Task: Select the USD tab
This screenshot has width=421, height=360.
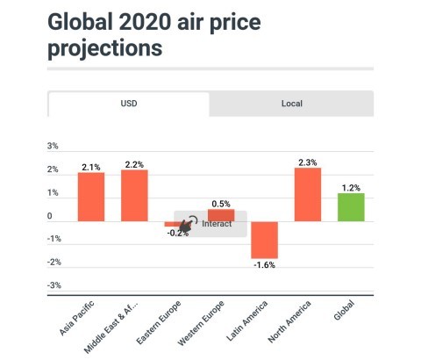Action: [129, 104]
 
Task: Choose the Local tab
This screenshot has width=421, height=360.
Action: [291, 104]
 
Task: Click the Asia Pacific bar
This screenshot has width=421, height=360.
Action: [90, 197]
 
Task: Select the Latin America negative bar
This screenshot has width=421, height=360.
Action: [264, 239]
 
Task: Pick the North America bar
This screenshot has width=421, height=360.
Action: [307, 194]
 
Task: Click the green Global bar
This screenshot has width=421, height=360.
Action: [351, 207]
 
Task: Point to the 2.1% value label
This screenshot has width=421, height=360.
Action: [90, 166]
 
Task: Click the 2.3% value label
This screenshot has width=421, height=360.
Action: [307, 162]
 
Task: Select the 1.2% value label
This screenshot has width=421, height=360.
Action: [351, 187]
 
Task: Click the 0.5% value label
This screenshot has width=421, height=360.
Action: [221, 204]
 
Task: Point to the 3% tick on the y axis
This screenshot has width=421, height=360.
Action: [54, 147]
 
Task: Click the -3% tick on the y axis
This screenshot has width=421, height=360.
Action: [53, 285]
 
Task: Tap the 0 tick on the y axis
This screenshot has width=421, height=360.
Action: [50, 216]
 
